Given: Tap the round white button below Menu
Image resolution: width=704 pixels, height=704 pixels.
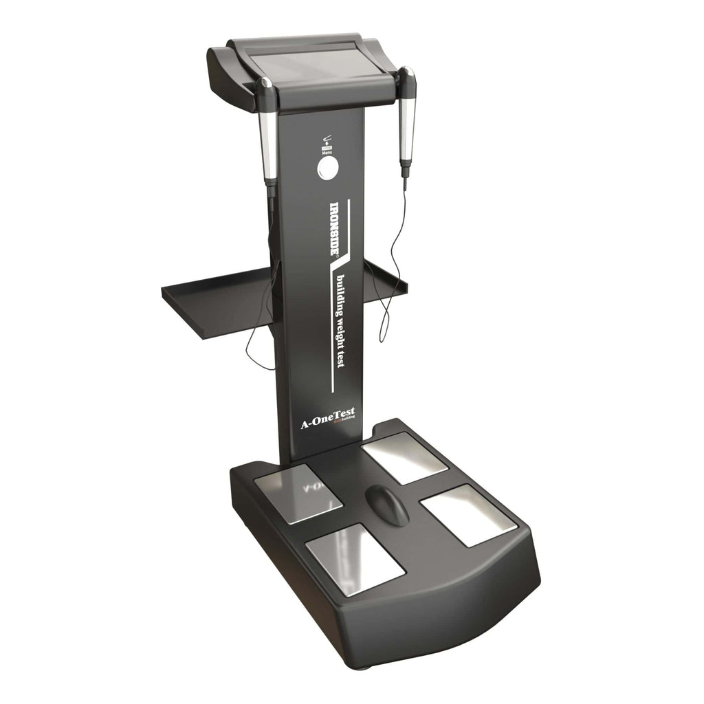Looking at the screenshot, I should coord(328,168).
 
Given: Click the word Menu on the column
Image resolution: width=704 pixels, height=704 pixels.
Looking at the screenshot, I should coord(328,152).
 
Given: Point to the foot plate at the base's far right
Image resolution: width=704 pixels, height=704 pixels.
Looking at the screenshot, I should coord(458,514).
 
